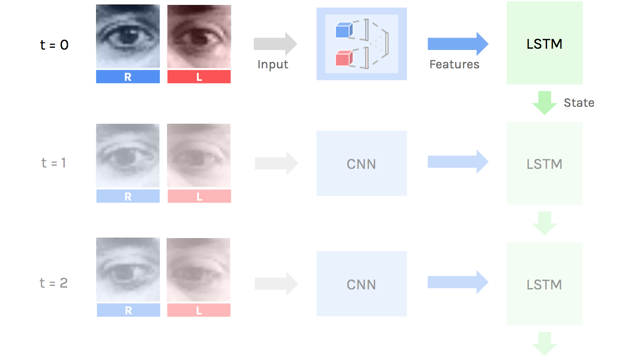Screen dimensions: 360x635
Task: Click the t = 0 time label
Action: pos(54,45)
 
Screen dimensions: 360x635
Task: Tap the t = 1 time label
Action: pos(54,163)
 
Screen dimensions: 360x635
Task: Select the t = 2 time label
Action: pos(54,283)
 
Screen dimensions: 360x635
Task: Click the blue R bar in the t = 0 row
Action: pos(128,77)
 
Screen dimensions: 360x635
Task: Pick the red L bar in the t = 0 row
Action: pos(199,77)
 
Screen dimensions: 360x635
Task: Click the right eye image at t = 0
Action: pos(128,37)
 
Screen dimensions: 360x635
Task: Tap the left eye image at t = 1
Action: pos(199,155)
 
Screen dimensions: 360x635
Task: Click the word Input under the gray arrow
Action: pos(273,64)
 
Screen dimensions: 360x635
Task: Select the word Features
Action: pos(454,64)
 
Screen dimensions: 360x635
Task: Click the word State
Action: pos(579,103)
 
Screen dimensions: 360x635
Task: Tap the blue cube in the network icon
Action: pos(344,30)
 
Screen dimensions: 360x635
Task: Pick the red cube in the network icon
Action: pos(344,58)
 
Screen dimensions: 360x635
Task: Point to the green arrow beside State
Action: pos(544,103)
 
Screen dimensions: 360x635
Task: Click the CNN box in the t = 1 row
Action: pos(361,163)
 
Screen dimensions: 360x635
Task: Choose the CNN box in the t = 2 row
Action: pos(361,284)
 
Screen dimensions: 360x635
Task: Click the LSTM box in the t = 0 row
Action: pos(544,43)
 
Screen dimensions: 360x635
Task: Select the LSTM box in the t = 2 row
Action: pos(544,284)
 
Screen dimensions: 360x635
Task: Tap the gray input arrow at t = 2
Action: pos(276,284)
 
